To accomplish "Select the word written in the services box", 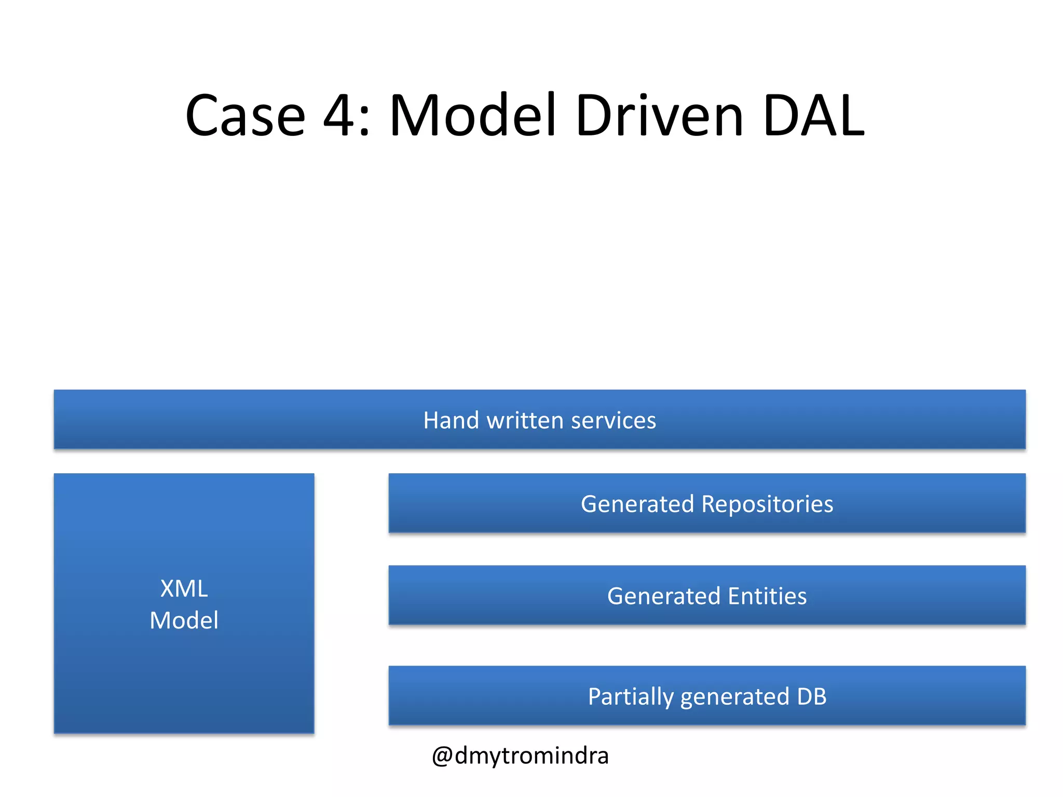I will [x=525, y=420].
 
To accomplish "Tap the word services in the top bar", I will [x=613, y=420].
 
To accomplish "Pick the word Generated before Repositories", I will [x=637, y=504].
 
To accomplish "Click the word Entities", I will [x=767, y=596].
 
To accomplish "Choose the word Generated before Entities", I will [x=663, y=596].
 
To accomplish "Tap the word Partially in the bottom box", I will [x=630, y=697].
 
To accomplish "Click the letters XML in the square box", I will [x=184, y=589].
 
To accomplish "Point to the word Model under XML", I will [x=184, y=621].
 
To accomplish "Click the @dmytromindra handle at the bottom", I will [x=520, y=756].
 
